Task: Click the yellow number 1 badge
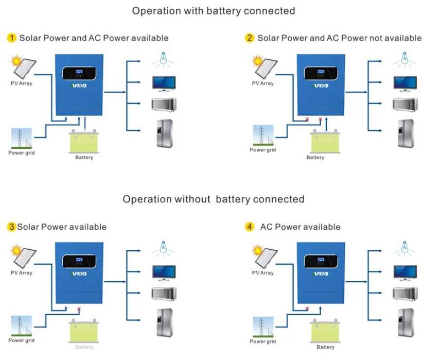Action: pyautogui.click(x=11, y=38)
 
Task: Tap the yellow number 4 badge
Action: pyautogui.click(x=250, y=227)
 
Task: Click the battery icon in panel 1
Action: pyautogui.click(x=84, y=142)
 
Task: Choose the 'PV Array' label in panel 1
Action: pyautogui.click(x=22, y=83)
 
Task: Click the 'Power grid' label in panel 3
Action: pyautogui.click(x=22, y=340)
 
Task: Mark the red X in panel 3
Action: pyautogui.click(x=78, y=309)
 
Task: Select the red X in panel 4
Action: pyautogui.click(x=307, y=308)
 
